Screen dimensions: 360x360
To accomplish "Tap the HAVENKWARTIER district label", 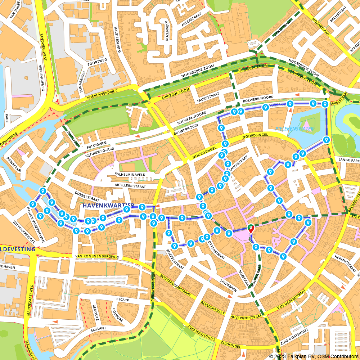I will tap(108, 206).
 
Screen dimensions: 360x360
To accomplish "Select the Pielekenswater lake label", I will tap(295, 129).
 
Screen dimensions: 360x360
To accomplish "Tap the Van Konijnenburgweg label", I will tap(97, 257).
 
